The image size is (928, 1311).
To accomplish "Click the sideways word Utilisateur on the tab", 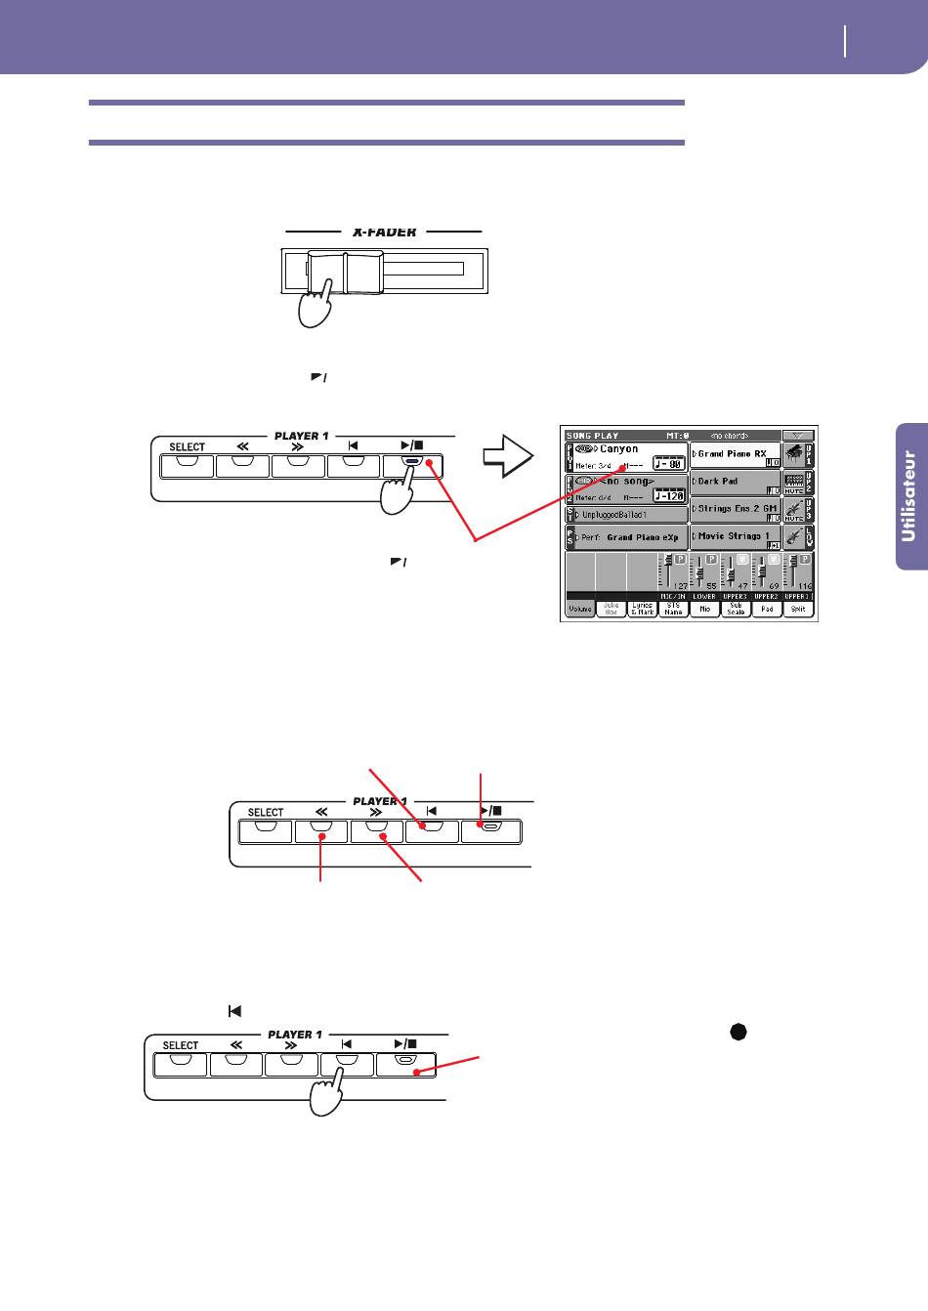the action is pos(909,494).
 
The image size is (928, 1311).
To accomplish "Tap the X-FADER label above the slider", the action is pos(384,233).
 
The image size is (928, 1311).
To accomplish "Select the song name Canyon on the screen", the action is pos(618,449).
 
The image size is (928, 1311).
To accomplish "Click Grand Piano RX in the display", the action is pos(733,454).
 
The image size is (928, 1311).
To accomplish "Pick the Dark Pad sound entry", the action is pos(718,482).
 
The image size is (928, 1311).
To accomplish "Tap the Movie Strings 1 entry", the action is pos(734,536).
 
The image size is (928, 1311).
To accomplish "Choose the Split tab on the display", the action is pos(798,609).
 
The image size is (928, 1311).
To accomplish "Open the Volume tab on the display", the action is pos(579,609).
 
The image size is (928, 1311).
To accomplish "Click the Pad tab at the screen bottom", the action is pos(767,609).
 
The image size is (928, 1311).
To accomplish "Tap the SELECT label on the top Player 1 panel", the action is pos(188,447).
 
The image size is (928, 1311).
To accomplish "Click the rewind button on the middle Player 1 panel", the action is pos(321,831).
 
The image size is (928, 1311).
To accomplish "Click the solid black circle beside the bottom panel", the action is pos(739,1034).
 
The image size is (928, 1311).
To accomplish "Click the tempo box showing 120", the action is pos(669,494).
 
